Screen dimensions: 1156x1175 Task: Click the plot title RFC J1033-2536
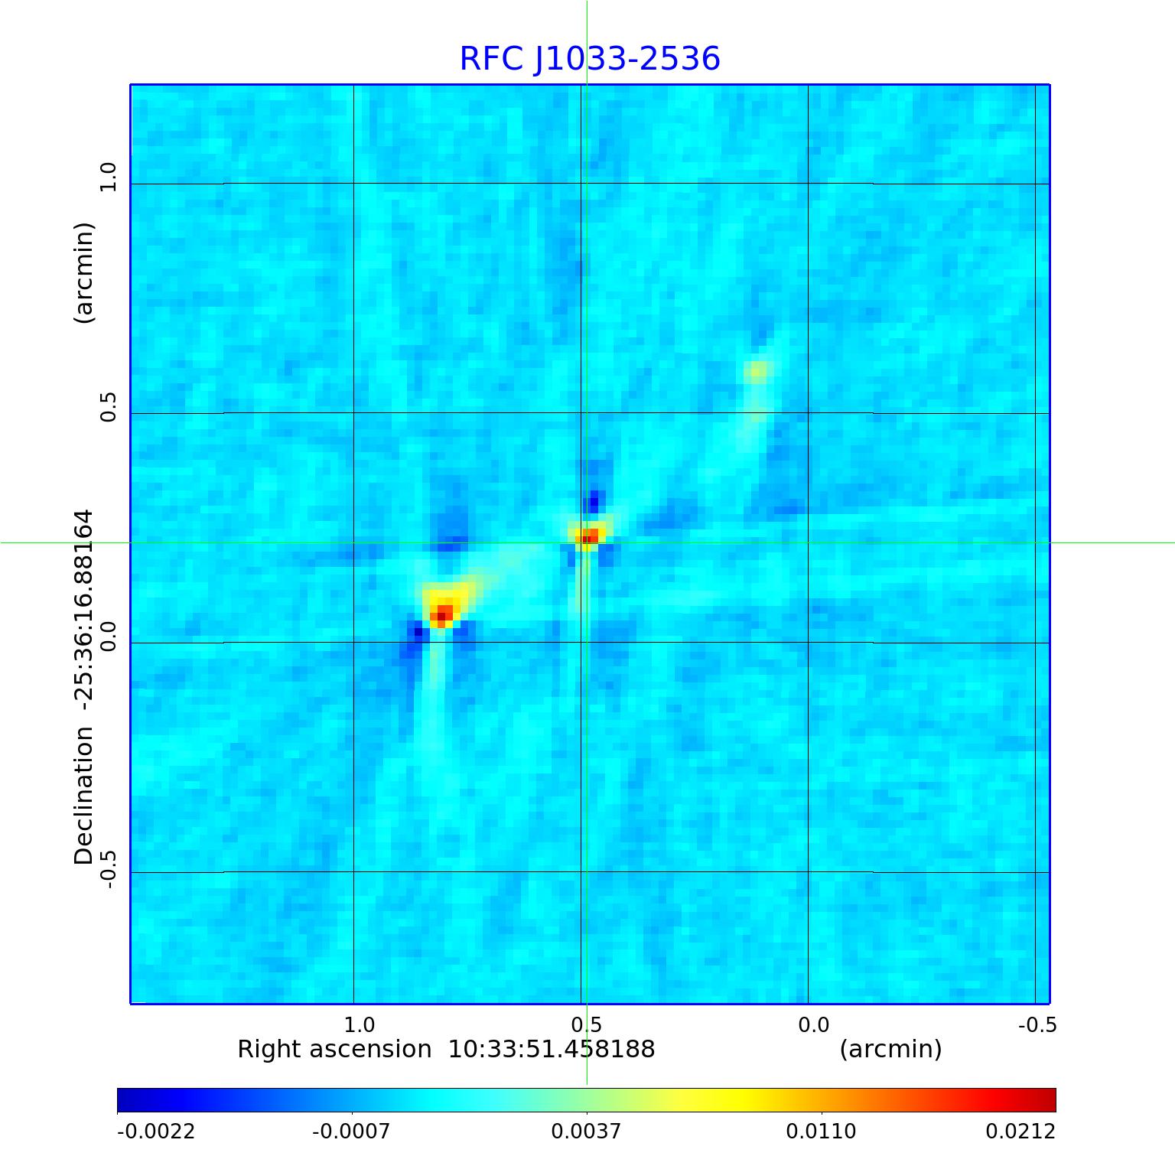click(589, 59)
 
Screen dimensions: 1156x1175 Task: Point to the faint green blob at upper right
click(757, 372)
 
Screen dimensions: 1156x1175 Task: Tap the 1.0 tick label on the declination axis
click(108, 177)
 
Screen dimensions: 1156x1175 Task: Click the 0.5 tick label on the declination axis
click(108, 407)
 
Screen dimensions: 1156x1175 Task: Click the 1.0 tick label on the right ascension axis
click(359, 1024)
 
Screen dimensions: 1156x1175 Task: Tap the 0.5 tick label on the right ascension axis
click(586, 1024)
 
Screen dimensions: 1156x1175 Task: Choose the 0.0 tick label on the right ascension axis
click(813, 1024)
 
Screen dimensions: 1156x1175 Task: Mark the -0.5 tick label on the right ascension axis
click(1037, 1024)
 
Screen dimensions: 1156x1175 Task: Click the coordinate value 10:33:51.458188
click(551, 1049)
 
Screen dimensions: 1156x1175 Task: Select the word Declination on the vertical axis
click(83, 796)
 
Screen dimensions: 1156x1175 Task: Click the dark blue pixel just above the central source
click(593, 503)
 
